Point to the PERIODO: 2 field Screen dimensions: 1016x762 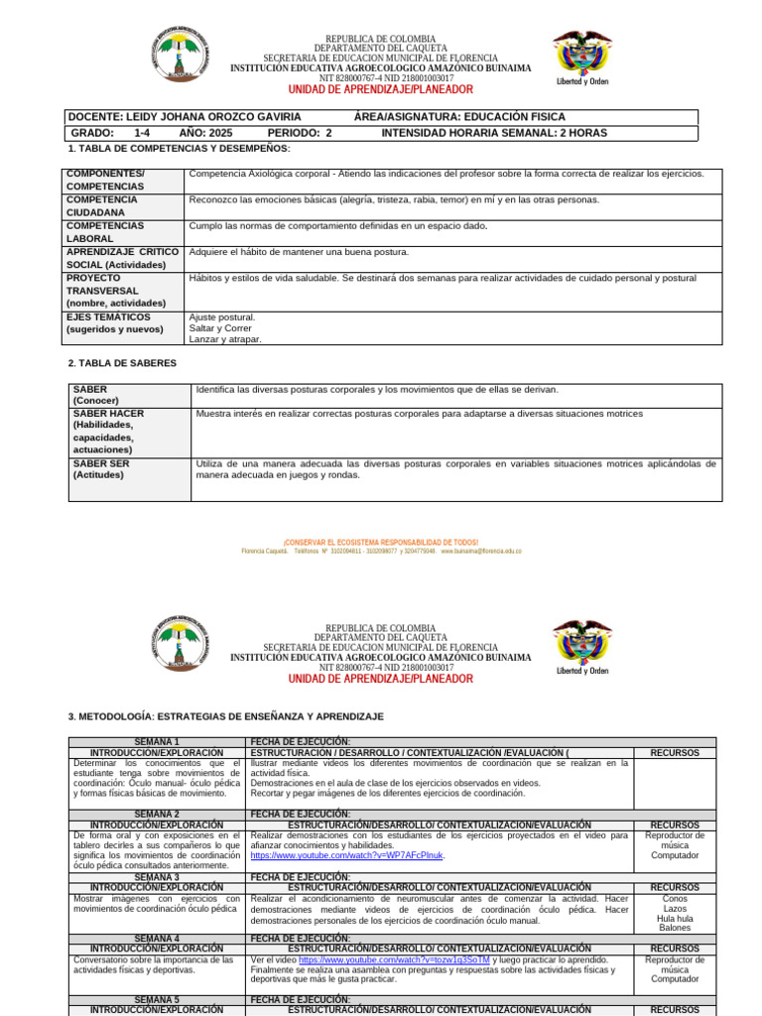coord(300,132)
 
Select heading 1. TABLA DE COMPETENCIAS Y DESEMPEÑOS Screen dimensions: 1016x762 coord(179,148)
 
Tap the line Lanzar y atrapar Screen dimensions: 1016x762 coord(225,339)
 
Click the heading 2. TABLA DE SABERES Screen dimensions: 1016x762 coord(122,363)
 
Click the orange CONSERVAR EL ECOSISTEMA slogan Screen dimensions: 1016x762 coord(381,543)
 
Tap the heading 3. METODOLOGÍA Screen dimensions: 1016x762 coord(225,715)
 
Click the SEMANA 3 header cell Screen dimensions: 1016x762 coord(157,877)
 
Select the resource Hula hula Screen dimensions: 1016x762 coord(675,918)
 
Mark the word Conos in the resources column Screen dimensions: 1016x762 coord(675,898)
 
